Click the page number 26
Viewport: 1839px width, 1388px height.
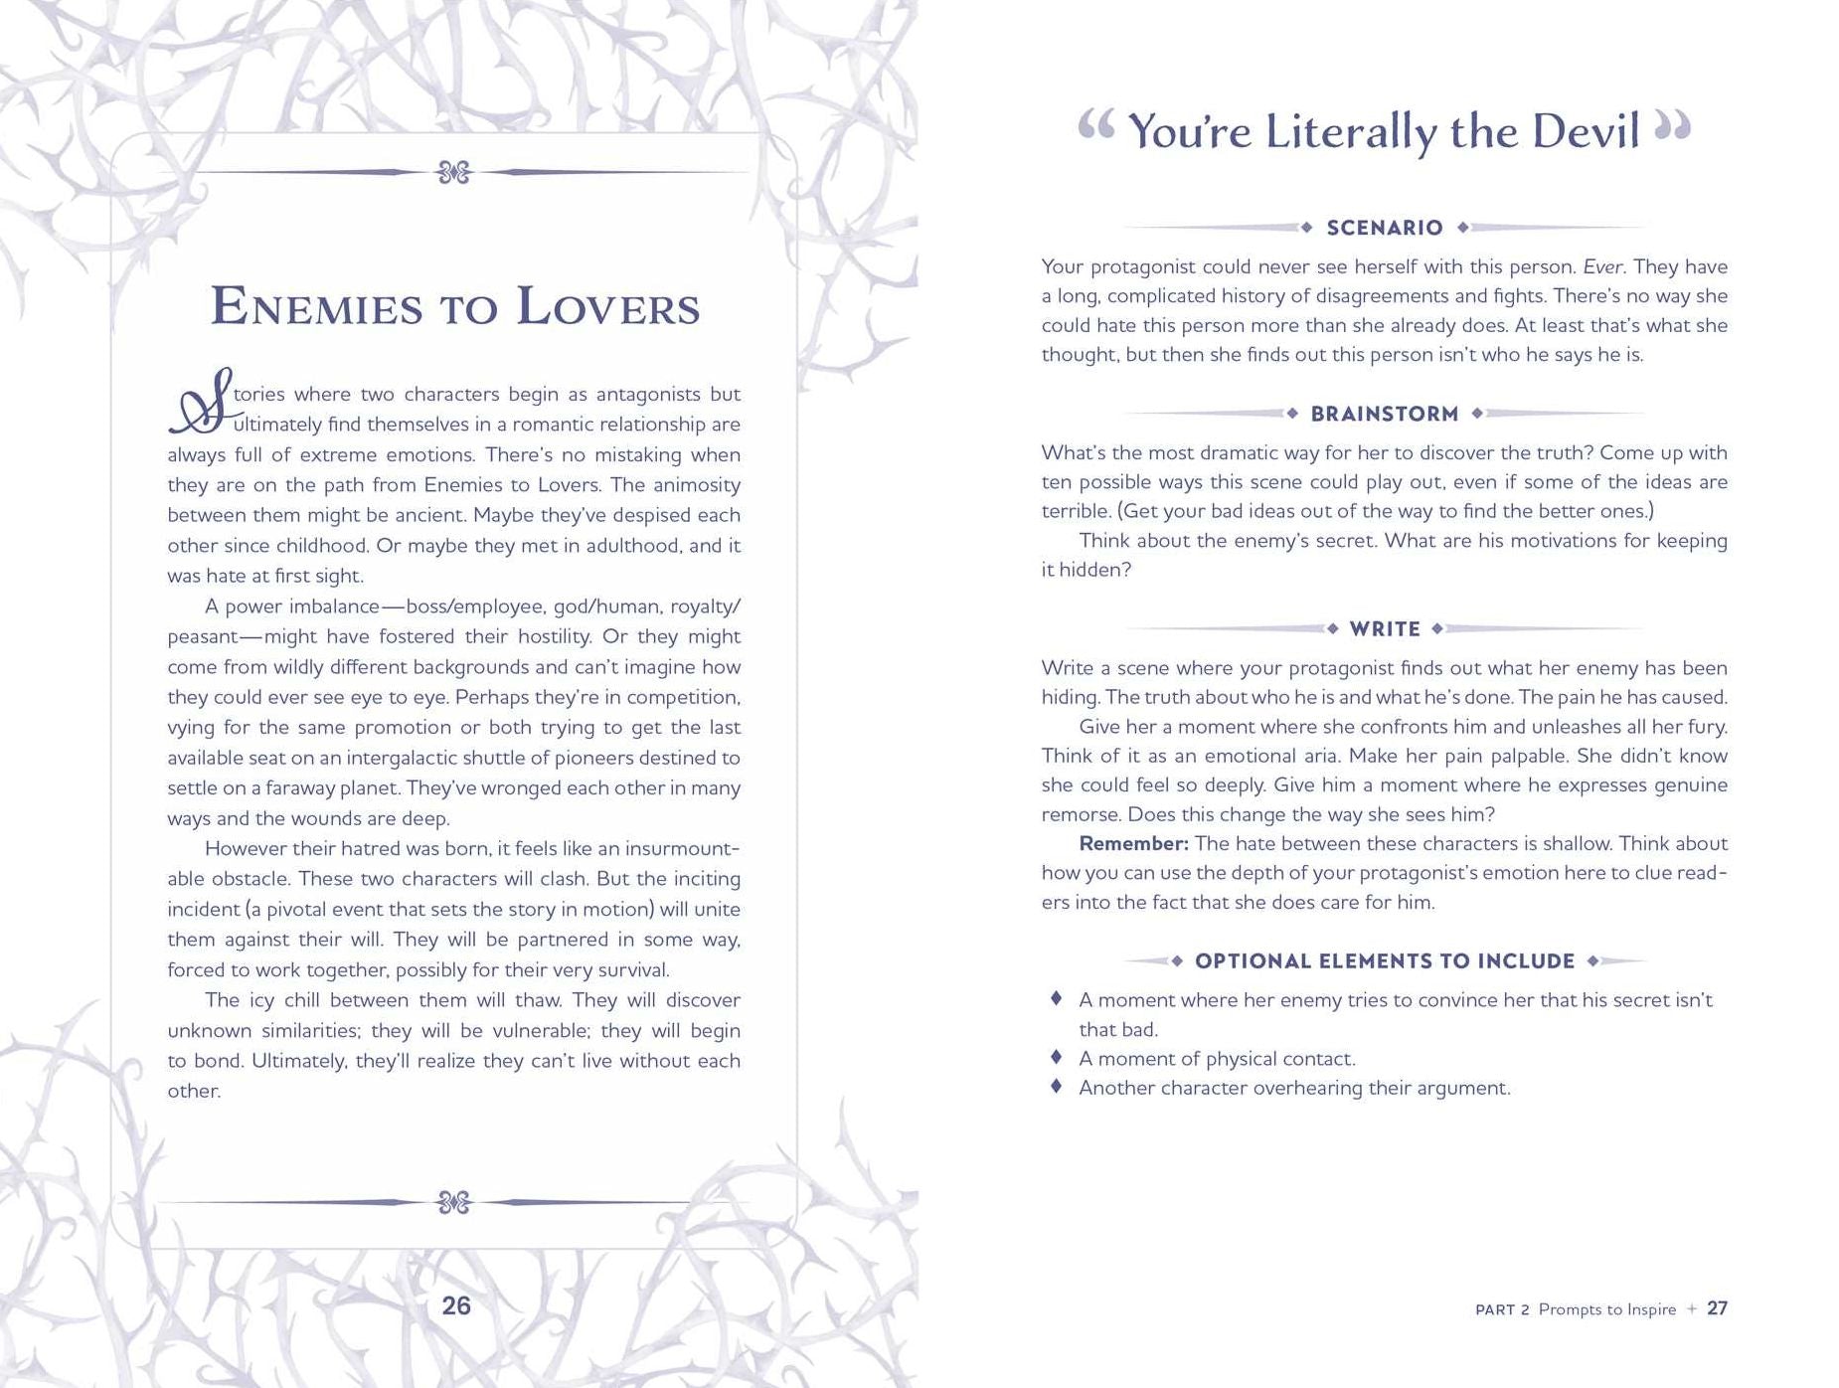click(455, 1305)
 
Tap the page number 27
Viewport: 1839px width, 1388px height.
click(1717, 1308)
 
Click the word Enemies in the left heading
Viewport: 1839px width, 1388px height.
click(317, 306)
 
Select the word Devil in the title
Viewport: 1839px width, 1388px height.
click(1585, 132)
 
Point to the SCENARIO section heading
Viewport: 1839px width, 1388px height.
click(1384, 228)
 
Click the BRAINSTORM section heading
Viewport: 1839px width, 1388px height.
click(1384, 414)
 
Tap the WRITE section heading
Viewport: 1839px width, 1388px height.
click(1384, 629)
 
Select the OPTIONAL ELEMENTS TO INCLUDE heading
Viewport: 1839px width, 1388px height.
click(1384, 961)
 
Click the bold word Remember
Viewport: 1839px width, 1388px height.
click(1133, 844)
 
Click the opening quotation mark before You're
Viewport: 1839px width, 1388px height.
click(1095, 127)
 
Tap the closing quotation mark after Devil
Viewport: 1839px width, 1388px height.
click(1672, 127)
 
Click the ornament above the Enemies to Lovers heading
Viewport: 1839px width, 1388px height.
click(453, 173)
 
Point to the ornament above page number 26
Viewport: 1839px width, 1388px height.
click(453, 1203)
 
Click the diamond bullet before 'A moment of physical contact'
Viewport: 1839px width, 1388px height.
click(1057, 1057)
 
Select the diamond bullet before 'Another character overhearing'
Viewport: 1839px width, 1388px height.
click(1057, 1086)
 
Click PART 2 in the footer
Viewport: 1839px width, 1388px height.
click(1501, 1310)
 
